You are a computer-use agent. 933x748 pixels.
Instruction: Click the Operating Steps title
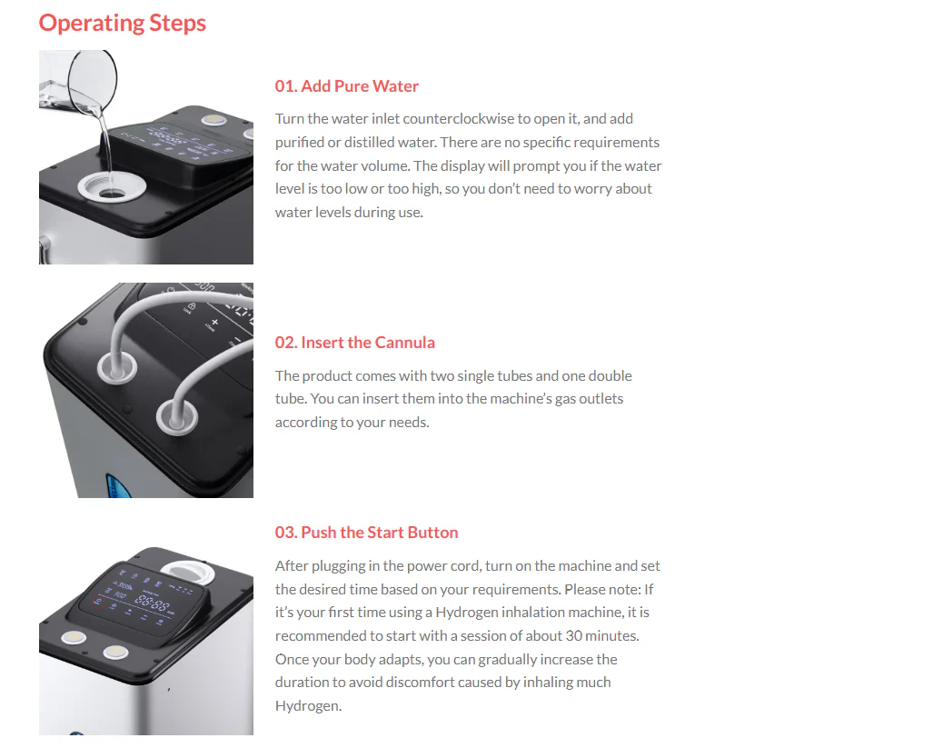pos(123,24)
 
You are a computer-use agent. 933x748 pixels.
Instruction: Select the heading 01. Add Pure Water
pos(346,86)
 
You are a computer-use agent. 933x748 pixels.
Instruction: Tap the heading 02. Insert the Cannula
pos(354,343)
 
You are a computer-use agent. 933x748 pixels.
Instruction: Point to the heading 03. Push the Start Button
pos(366,533)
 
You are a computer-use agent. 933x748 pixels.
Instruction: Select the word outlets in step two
pos(601,399)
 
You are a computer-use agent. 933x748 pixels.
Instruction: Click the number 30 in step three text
pos(573,636)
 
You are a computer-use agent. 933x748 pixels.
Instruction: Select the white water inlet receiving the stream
pos(112,187)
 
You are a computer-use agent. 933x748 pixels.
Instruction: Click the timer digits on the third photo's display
pos(152,604)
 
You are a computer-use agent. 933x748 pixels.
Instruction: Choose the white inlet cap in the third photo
pos(187,572)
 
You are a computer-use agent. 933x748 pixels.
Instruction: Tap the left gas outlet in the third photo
pos(74,638)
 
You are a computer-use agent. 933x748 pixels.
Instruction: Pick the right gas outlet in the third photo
pos(115,653)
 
